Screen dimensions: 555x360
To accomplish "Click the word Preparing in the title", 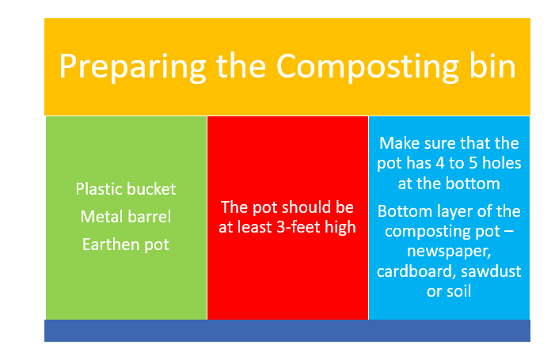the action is coord(133,66).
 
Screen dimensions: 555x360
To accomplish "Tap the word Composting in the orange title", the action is coord(367,66).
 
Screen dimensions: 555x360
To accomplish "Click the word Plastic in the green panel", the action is coord(97,189).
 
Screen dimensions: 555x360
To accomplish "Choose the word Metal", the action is coord(101,217).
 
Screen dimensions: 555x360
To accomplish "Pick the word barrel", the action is coord(149,217).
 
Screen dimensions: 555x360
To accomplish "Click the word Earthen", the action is coord(109,244).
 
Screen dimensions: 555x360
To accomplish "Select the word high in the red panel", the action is coord(340,228).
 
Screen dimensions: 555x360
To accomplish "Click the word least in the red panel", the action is coord(255,227).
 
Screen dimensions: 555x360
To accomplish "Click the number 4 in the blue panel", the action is coord(440,163).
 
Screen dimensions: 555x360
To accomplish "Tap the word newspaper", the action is coord(449,252).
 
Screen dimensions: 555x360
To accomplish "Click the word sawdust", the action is coord(491,271).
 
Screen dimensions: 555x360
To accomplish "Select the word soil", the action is coord(458,291).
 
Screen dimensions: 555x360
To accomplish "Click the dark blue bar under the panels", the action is coord(287,331).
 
